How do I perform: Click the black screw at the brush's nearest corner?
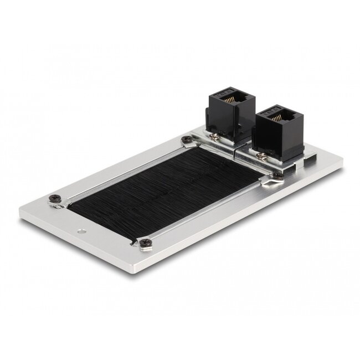click(x=145, y=241)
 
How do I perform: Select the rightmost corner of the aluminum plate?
click(x=342, y=161)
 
